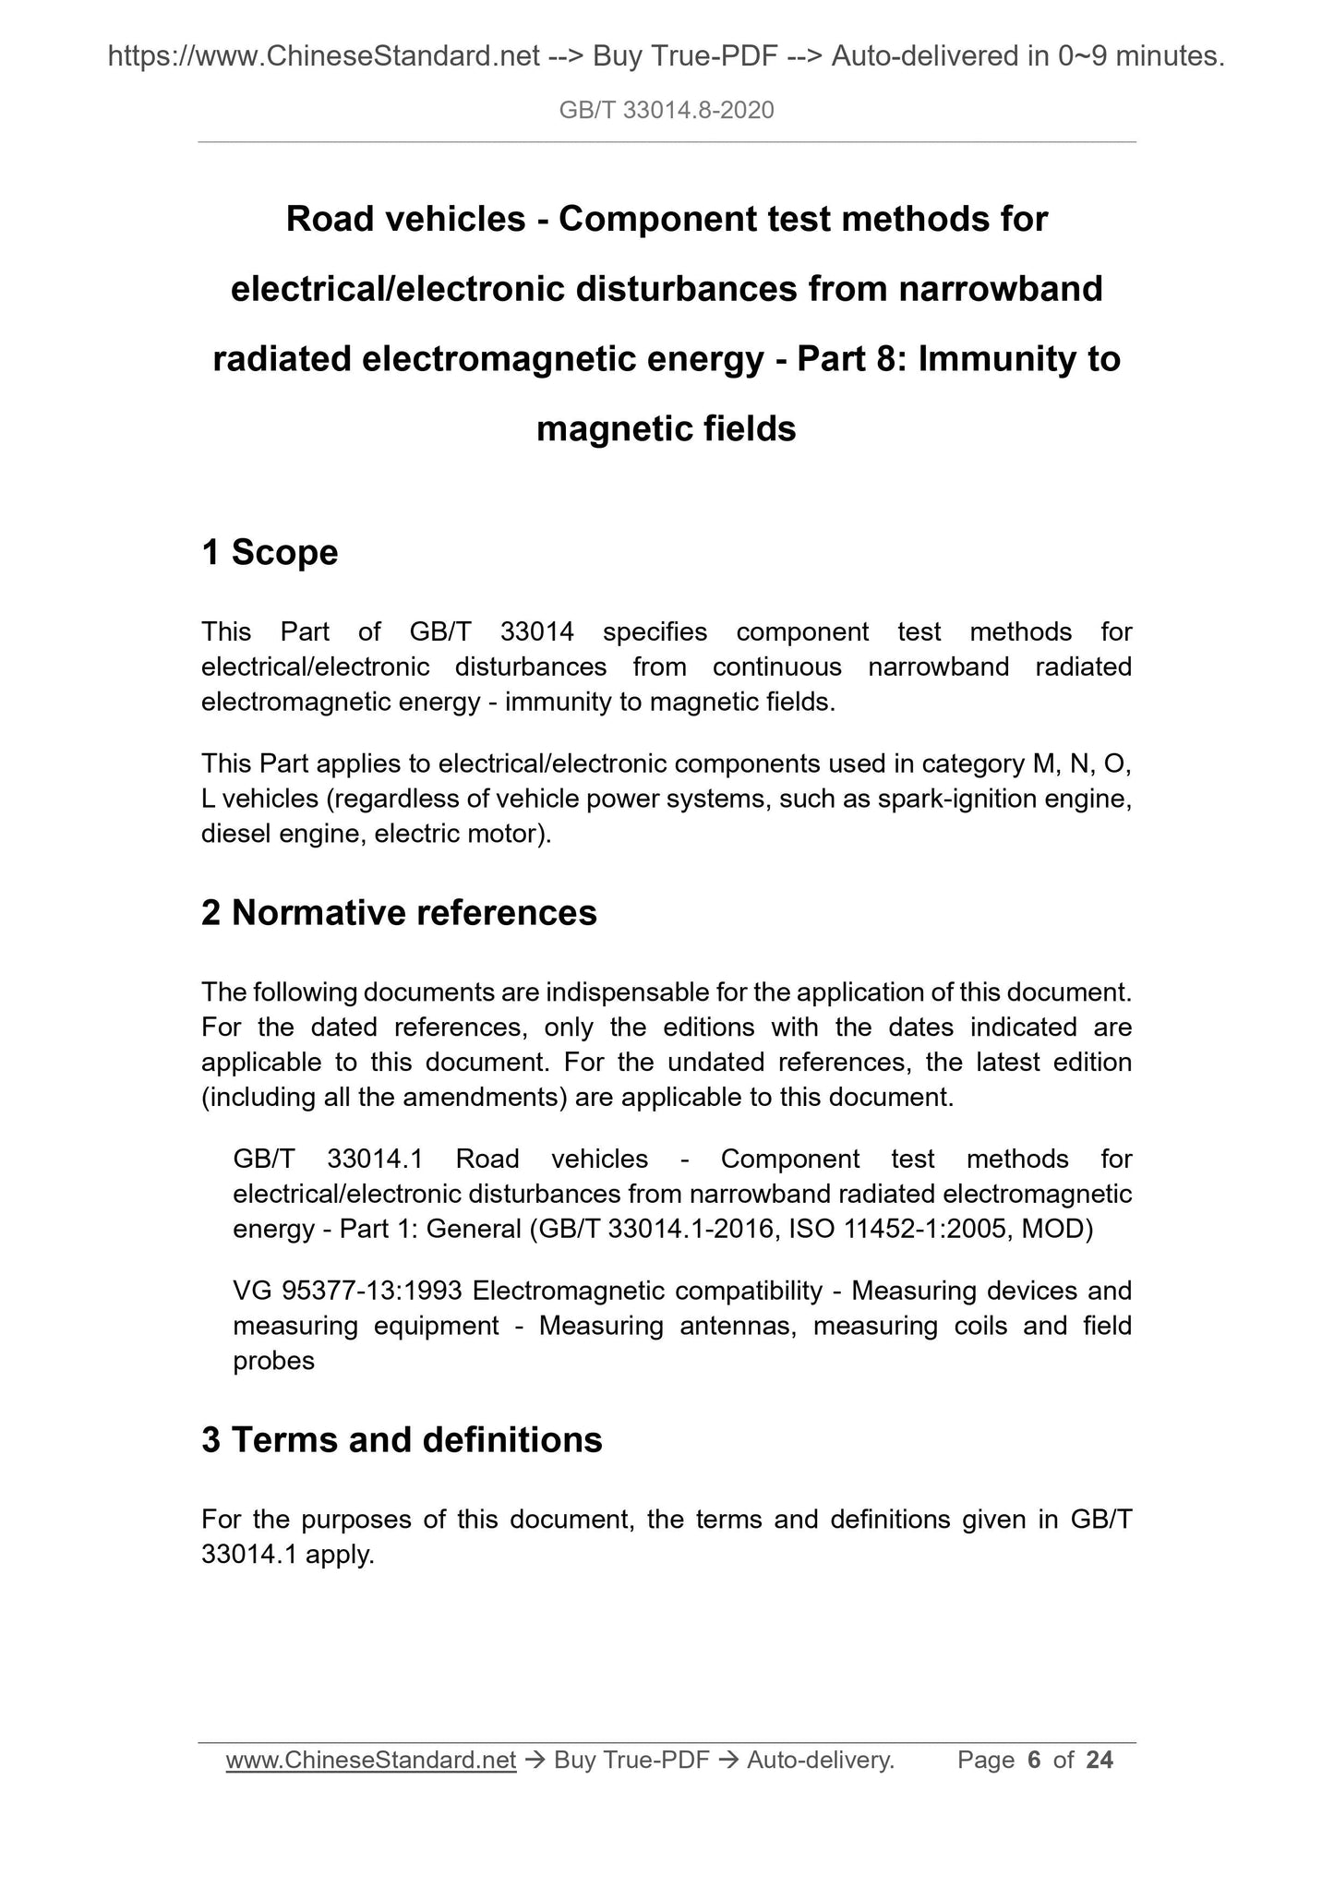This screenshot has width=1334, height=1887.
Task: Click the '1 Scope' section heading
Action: [x=270, y=553]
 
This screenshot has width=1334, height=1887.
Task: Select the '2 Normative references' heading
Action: [x=399, y=913]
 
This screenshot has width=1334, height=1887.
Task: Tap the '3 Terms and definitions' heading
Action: [x=402, y=1440]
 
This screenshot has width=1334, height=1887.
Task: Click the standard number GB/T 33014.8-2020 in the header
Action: [x=667, y=111]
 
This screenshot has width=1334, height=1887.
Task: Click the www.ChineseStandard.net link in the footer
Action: [x=370, y=1761]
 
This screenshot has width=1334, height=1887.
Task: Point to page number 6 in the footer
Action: [x=1034, y=1761]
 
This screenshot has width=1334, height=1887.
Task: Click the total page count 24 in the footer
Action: [x=1100, y=1761]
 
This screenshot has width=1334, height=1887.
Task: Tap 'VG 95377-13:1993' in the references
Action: [x=348, y=1291]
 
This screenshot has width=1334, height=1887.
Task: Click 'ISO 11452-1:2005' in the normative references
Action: [x=895, y=1230]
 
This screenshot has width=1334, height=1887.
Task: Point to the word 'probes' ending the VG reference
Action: [x=273, y=1361]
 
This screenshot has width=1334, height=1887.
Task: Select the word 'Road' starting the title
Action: [x=325, y=220]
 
